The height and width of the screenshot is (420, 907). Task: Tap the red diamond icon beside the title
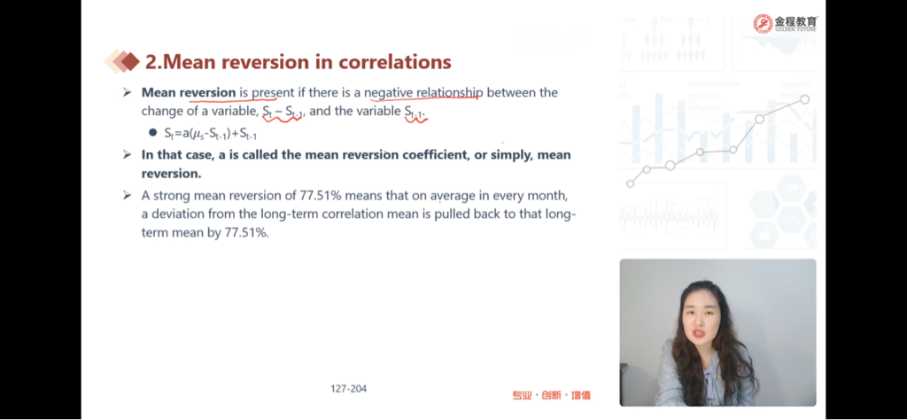(x=131, y=61)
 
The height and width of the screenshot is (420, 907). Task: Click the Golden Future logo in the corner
(x=786, y=23)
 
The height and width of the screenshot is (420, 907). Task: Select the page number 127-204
(x=349, y=389)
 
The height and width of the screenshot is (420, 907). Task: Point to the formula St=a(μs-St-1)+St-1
(x=211, y=133)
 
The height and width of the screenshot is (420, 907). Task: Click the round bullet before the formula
(x=152, y=133)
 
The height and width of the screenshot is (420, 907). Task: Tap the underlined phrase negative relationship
(x=422, y=92)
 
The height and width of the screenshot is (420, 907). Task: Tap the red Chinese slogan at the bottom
(x=551, y=396)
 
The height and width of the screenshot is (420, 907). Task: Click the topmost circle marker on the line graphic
(x=804, y=99)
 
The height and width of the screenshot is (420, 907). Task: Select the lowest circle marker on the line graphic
(x=631, y=183)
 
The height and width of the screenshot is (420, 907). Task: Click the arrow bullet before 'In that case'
(x=128, y=154)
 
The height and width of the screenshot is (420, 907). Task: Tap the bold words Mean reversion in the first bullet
(x=189, y=92)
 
